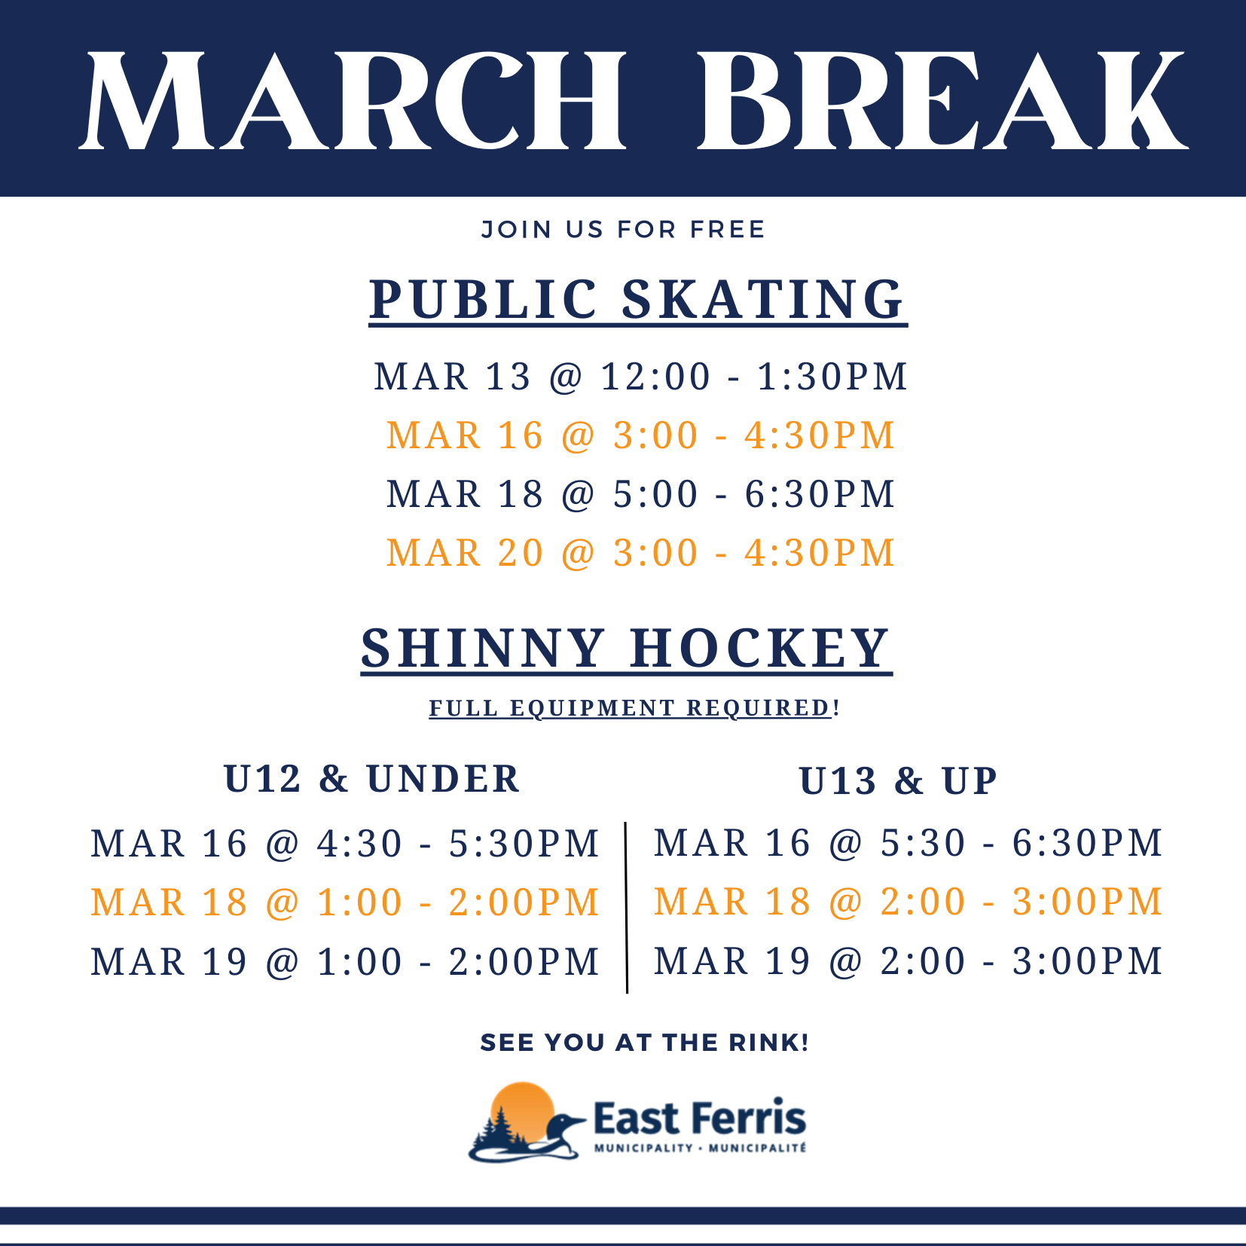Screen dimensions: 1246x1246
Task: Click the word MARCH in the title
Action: point(353,101)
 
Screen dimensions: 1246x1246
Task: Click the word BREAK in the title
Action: point(942,101)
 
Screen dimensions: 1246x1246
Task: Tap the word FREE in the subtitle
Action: point(728,229)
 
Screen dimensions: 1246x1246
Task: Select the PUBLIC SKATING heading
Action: point(638,300)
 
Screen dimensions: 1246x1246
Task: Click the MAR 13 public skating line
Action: point(641,377)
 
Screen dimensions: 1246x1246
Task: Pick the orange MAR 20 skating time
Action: point(641,553)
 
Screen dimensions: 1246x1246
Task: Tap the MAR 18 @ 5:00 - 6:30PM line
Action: point(641,494)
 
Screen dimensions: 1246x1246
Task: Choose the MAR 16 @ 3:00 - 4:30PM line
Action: point(641,435)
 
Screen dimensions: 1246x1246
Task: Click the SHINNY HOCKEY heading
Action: point(627,649)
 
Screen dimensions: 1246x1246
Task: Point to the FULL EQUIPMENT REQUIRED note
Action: point(634,708)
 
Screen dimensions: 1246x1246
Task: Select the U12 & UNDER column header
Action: point(372,779)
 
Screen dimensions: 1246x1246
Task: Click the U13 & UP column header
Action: point(899,781)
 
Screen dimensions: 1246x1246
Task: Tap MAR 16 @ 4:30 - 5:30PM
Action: point(345,844)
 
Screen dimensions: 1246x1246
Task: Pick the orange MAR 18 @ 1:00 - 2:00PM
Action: point(345,902)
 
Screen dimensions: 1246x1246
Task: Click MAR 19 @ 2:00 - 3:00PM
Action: point(909,961)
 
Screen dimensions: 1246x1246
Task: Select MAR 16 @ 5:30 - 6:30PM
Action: point(909,842)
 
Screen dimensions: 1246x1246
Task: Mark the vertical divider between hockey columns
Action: point(626,908)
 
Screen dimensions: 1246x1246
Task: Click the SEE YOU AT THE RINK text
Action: point(645,1043)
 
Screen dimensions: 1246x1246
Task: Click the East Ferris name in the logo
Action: point(700,1118)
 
